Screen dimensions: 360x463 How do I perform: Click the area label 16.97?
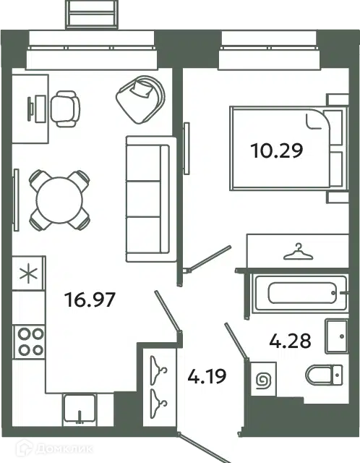(x=90, y=300)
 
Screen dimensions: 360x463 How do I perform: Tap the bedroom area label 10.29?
(x=277, y=150)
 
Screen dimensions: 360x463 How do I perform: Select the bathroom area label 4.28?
(x=290, y=341)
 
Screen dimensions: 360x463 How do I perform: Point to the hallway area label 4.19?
(x=207, y=376)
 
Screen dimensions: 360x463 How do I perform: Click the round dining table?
(x=59, y=200)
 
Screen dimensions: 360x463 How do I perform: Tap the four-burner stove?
(x=29, y=342)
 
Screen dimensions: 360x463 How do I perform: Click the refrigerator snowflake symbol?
(x=28, y=273)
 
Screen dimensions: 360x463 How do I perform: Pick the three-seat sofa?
(x=151, y=199)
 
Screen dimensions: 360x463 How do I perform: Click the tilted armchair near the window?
(x=140, y=100)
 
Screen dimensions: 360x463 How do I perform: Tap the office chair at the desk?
(x=65, y=109)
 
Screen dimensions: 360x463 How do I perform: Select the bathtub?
(x=301, y=292)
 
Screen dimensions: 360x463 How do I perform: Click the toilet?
(x=324, y=375)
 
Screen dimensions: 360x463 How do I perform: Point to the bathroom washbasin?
(x=336, y=336)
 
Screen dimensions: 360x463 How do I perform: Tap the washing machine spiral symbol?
(x=263, y=379)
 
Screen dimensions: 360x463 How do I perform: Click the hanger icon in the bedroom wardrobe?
(x=298, y=252)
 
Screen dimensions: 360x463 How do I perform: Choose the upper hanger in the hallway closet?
(x=158, y=370)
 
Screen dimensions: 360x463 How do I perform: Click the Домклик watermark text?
(x=64, y=449)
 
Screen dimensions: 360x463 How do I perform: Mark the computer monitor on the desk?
(x=30, y=109)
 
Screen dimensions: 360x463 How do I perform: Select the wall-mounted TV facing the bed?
(x=187, y=148)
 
